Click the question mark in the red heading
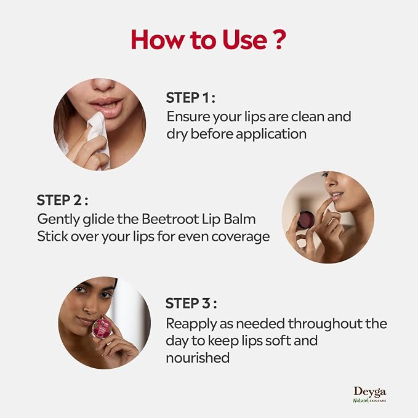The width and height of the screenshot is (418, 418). pyautogui.click(x=279, y=39)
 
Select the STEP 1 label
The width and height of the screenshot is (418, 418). pyautogui.click(x=190, y=97)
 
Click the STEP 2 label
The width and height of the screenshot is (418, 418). pyautogui.click(x=62, y=200)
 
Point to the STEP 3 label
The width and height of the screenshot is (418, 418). pyautogui.click(x=191, y=303)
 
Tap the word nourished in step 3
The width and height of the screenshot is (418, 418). pyautogui.click(x=198, y=358)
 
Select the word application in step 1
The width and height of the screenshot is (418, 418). pyautogui.click(x=271, y=134)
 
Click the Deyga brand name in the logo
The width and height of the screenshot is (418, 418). pyautogui.click(x=370, y=392)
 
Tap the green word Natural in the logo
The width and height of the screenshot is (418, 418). pyautogui.click(x=361, y=400)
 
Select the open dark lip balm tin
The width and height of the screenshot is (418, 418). pyautogui.click(x=306, y=220)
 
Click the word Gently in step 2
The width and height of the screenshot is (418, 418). pyautogui.click(x=58, y=220)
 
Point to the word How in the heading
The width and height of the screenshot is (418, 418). pyautogui.click(x=157, y=39)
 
